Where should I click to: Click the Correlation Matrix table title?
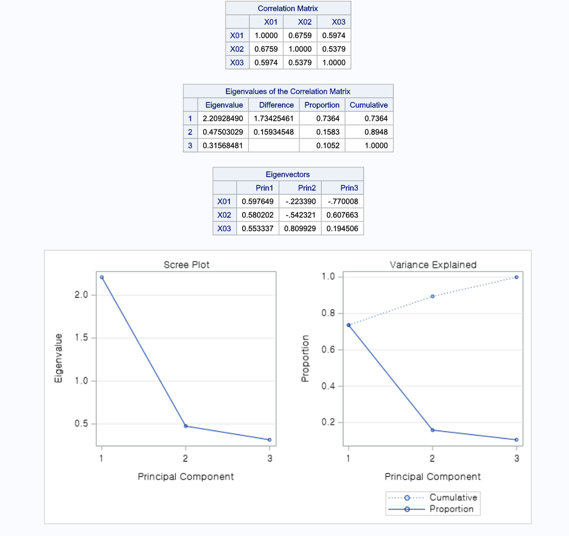click(288, 9)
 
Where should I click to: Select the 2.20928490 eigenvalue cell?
click(223, 118)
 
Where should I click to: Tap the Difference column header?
click(276, 105)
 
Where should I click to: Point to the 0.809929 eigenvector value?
click(300, 228)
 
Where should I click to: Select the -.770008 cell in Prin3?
click(343, 201)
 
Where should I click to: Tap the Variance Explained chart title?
click(433, 265)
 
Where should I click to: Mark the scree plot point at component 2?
click(186, 426)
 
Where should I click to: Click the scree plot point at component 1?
click(101, 277)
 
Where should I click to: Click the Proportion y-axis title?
click(305, 358)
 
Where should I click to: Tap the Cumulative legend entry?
click(453, 497)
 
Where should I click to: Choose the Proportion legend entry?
click(451, 509)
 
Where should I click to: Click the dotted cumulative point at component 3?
click(517, 277)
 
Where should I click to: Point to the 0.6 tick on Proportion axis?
click(329, 350)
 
